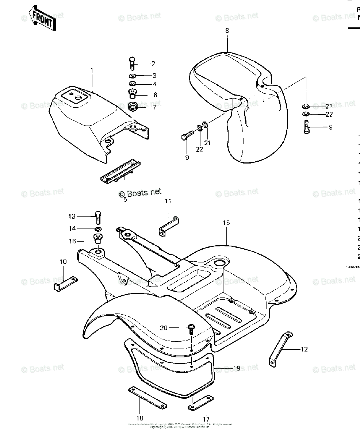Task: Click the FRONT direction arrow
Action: (43, 18)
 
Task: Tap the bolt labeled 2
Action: (132, 64)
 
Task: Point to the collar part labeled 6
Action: (132, 94)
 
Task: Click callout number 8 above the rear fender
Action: (227, 31)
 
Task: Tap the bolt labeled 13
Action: (98, 218)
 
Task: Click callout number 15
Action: (226, 223)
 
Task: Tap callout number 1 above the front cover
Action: (92, 69)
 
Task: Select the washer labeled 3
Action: (133, 76)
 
